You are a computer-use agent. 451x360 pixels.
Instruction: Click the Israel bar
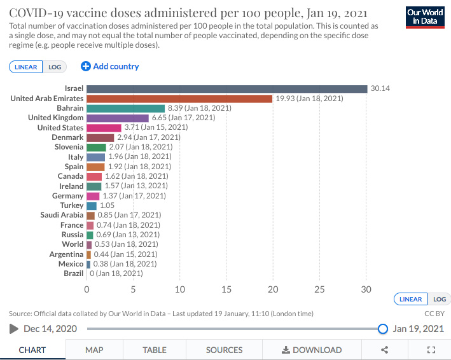226,88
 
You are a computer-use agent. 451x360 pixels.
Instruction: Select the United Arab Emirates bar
179,99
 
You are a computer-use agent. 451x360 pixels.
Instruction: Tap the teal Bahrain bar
125,108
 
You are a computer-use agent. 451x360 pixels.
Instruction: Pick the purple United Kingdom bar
117,118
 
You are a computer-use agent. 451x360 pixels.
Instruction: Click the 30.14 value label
380,88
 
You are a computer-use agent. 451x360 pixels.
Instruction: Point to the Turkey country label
71,205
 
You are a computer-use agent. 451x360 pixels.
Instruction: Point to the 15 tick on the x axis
226,289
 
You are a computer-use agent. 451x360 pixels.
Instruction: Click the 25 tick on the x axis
320,289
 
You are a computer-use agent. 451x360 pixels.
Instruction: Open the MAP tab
94,350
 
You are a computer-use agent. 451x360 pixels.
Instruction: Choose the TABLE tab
154,350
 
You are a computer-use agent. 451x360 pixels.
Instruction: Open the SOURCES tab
224,350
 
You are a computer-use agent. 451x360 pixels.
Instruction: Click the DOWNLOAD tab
312,350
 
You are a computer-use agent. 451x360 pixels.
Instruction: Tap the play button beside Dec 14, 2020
14,329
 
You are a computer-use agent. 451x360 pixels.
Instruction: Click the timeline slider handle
383,329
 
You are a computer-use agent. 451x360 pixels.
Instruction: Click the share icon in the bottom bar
384,350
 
